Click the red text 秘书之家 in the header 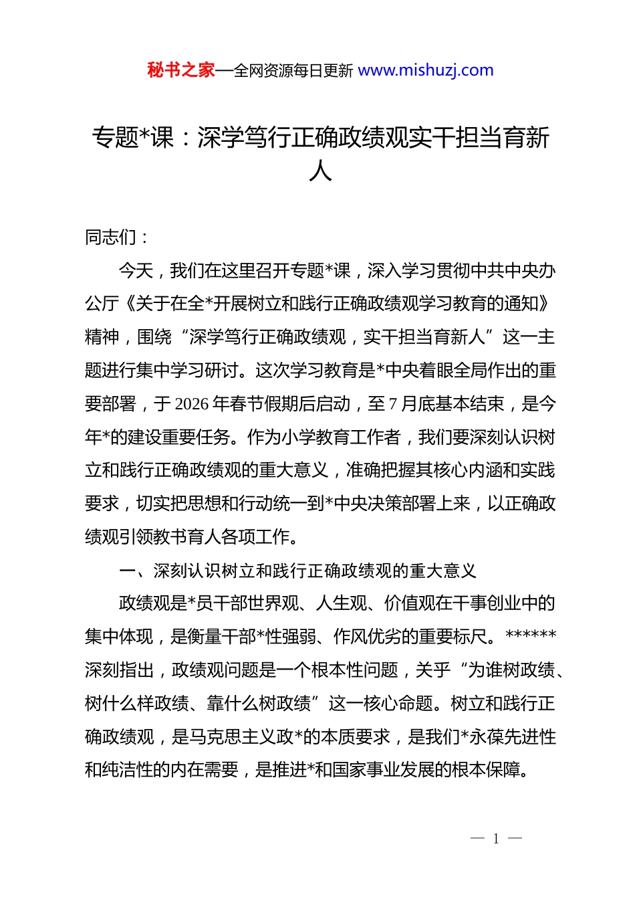181,70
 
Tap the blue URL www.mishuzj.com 426,70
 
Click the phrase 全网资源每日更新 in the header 293,71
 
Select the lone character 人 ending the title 320,171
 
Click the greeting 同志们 111,237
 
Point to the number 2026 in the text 191,404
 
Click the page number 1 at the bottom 496,839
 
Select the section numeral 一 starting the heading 127,571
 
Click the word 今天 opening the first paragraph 136,271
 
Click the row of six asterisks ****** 531,635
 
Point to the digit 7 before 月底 393,404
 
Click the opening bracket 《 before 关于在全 128,304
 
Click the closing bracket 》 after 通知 545,304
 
